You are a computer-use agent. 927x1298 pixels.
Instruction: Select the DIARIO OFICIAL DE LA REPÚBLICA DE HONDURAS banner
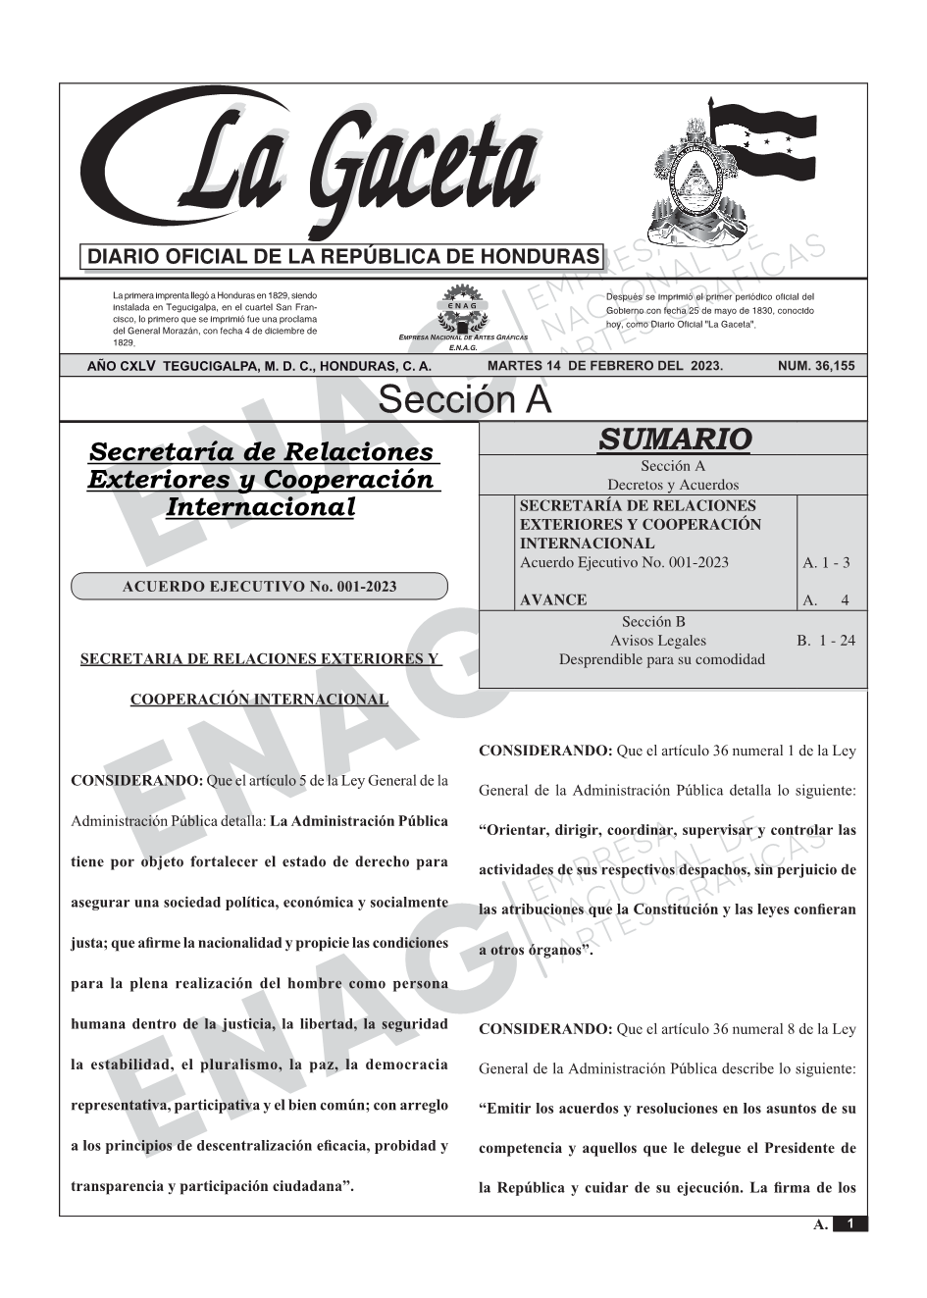coord(343,257)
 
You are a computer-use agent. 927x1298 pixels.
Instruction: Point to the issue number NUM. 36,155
coord(815,366)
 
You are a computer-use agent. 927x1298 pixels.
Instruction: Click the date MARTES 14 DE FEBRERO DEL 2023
coord(604,366)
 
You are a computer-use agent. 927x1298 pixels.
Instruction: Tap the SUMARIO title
coord(674,440)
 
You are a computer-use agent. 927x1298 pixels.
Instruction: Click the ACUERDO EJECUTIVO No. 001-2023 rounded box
coord(259,587)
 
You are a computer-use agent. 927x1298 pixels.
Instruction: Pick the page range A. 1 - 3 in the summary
coord(826,563)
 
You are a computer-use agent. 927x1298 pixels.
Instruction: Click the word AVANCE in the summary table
coord(553,600)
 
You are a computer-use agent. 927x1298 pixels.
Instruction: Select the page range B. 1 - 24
coord(826,641)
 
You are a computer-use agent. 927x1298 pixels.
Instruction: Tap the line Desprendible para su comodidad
coord(661,659)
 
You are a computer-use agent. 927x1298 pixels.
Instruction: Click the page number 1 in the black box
coord(850,1224)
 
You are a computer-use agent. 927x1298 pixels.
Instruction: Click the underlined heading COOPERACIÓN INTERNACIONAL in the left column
coord(259,700)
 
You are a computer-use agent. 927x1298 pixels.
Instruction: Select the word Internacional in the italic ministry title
coord(260,507)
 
